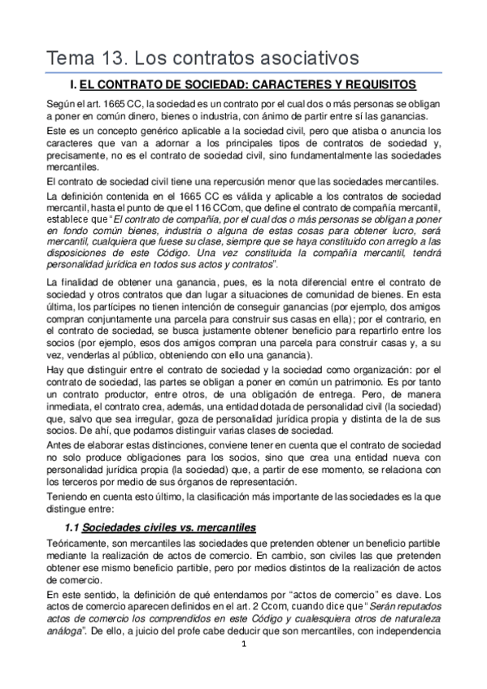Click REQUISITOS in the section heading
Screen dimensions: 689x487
click(x=380, y=84)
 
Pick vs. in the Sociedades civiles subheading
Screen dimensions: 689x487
click(x=183, y=526)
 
